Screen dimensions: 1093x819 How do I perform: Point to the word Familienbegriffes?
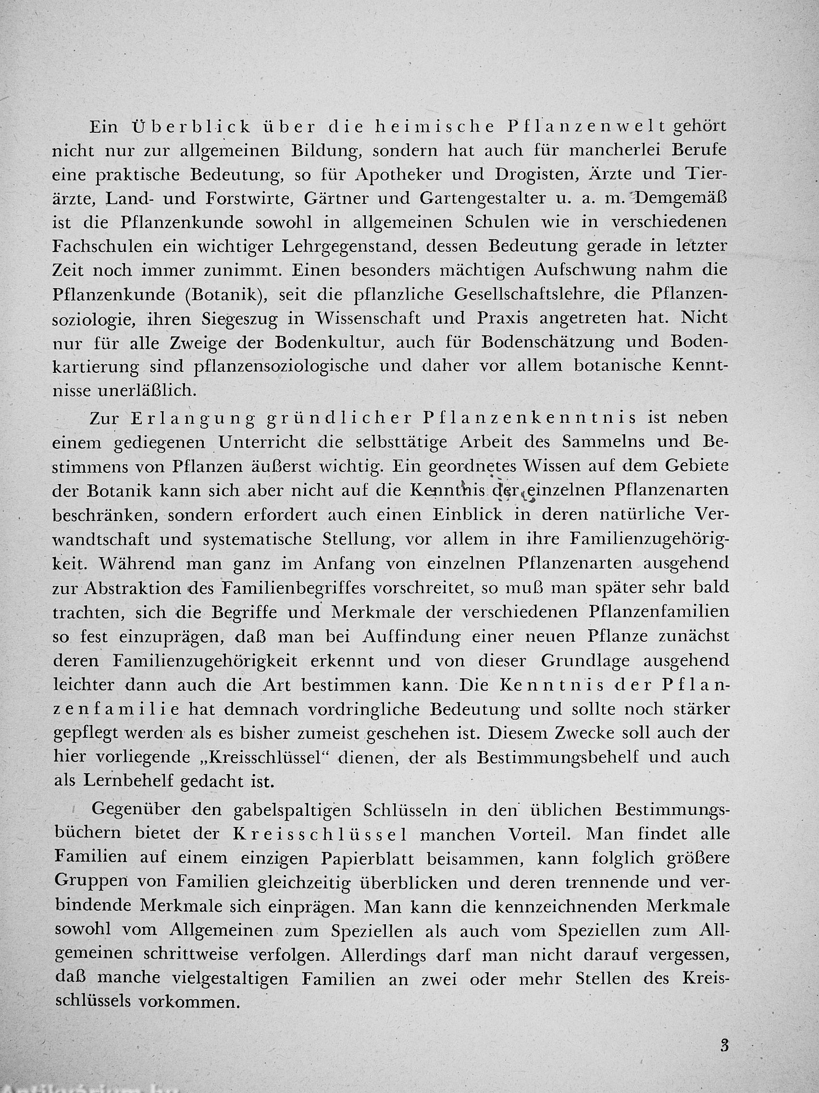(x=278, y=588)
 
